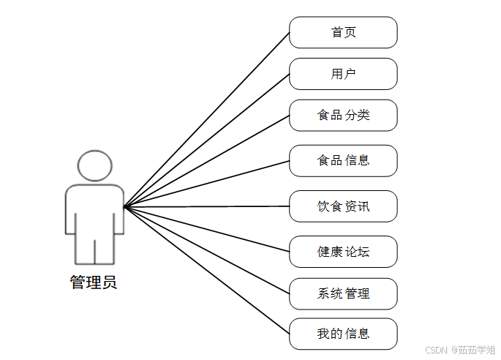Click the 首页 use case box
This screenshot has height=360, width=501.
pyautogui.click(x=343, y=33)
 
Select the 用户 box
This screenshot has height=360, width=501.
pyautogui.click(x=343, y=74)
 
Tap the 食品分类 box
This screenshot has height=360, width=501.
pyautogui.click(x=343, y=115)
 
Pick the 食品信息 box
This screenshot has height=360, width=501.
pyautogui.click(x=343, y=160)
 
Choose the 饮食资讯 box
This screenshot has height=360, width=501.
pyautogui.click(x=343, y=206)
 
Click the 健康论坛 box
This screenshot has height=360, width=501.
pyautogui.click(x=343, y=252)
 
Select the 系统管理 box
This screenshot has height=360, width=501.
pyautogui.click(x=343, y=293)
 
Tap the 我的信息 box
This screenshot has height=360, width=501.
pyautogui.click(x=343, y=334)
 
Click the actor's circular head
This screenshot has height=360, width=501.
pyautogui.click(x=94, y=165)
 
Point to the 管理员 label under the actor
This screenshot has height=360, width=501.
pyautogui.click(x=94, y=282)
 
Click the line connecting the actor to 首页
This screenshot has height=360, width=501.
pyautogui.click(x=207, y=120)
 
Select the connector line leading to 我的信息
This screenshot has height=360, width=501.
pyautogui.click(x=207, y=270)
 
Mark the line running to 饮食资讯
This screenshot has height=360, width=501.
pyautogui.click(x=207, y=207)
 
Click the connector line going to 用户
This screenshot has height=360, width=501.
pyautogui.click(x=207, y=140)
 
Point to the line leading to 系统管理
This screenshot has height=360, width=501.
pyautogui.click(x=207, y=250)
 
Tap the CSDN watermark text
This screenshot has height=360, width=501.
pyautogui.click(x=436, y=350)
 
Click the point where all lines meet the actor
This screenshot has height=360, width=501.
pyautogui.click(x=125, y=207)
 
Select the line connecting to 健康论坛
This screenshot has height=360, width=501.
pyautogui.click(x=207, y=229)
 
